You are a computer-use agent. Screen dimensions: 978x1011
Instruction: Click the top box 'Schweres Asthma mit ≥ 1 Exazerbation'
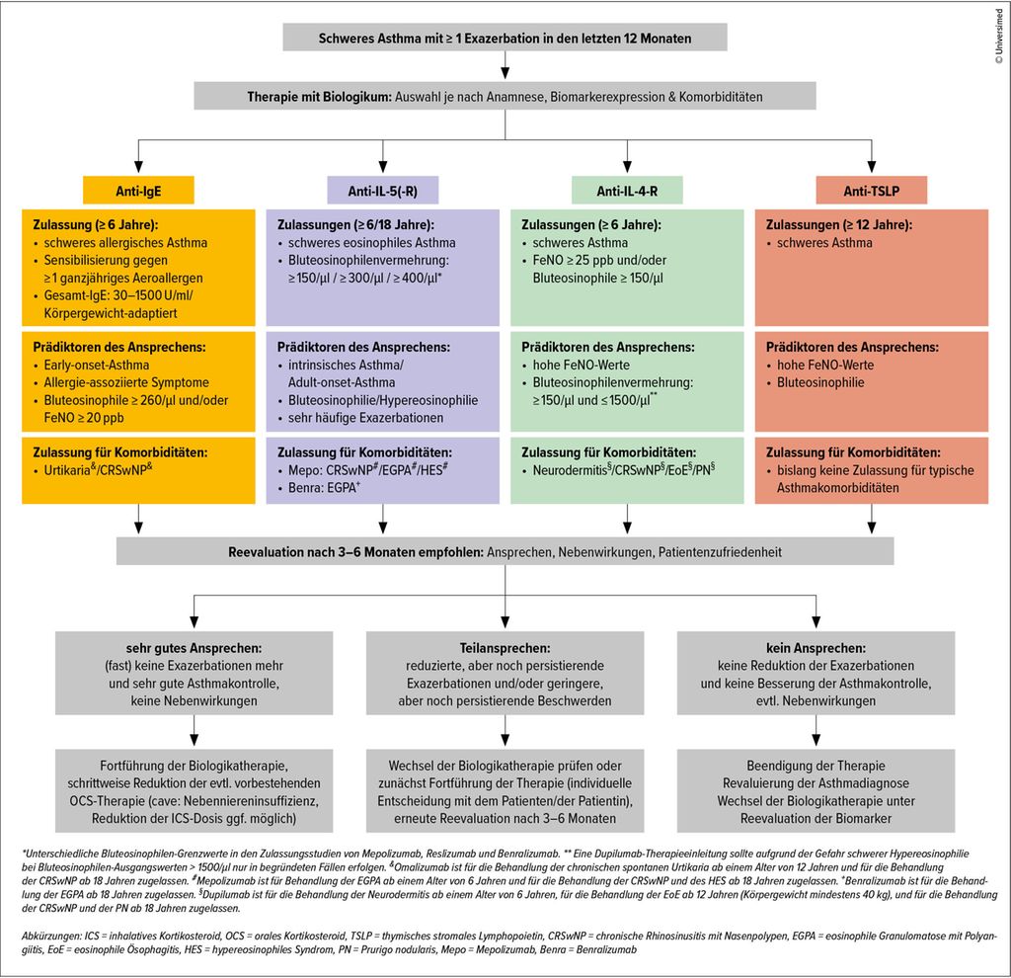click(505, 38)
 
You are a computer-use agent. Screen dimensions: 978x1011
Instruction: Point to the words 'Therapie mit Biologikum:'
click(320, 97)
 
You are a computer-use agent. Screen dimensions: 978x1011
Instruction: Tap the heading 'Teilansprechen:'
click(505, 648)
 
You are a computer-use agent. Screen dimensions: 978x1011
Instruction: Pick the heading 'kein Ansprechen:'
click(815, 648)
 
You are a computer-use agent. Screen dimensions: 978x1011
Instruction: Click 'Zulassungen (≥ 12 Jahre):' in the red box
click(840, 225)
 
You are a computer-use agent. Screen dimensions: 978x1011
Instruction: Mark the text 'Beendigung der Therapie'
click(815, 766)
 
